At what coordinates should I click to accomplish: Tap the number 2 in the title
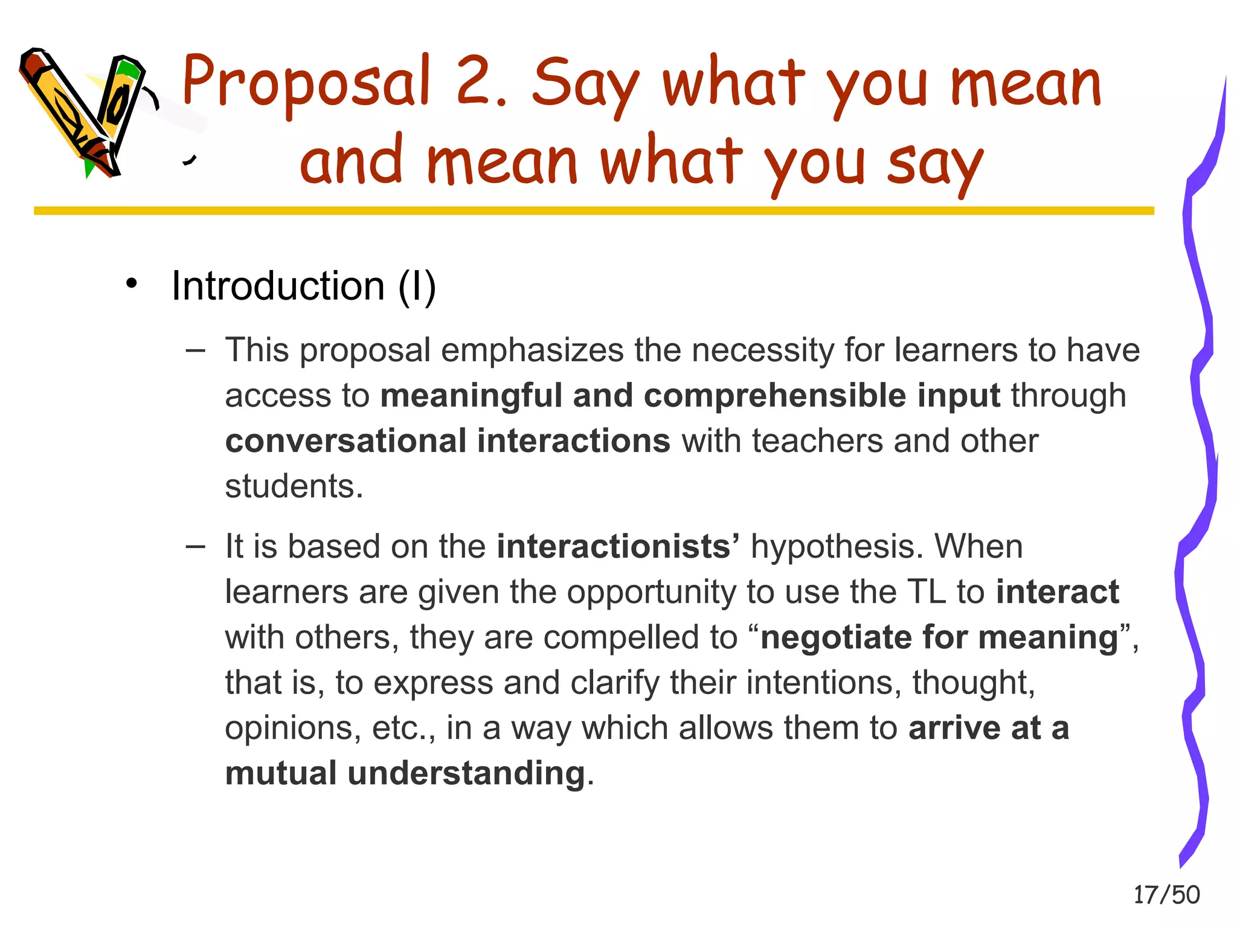477,82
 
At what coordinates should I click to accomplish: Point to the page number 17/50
1166,895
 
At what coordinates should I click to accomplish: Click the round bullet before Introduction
132,283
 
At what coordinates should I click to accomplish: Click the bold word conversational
345,441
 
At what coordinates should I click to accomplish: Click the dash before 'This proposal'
196,350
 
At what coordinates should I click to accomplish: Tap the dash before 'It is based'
196,546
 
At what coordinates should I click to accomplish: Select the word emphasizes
532,350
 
